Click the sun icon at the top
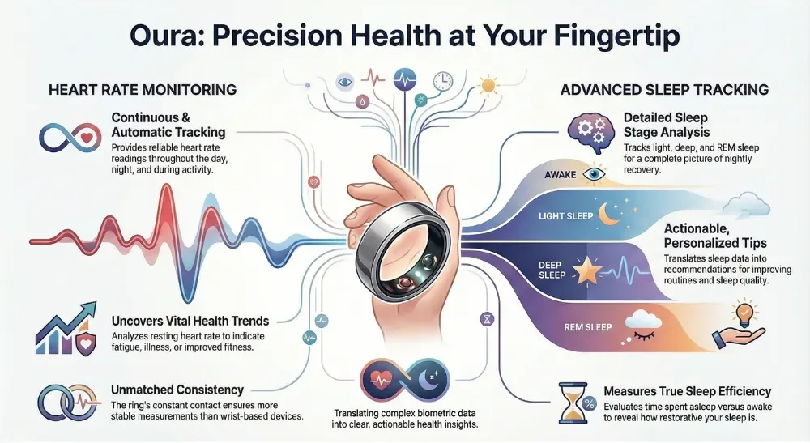488,85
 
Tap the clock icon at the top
442,81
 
